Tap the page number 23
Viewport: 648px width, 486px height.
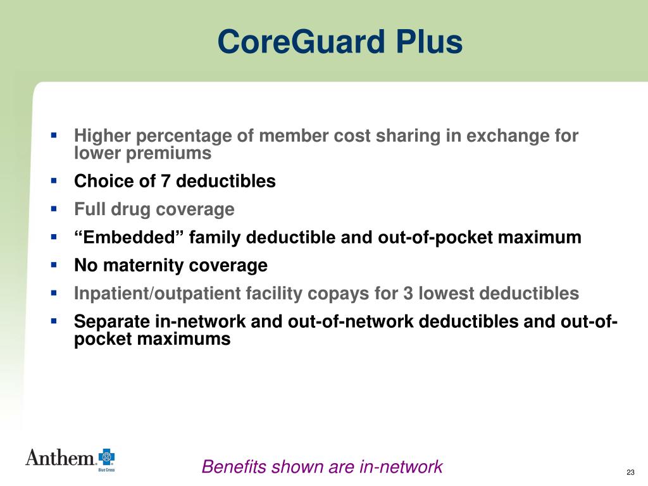pos(630,473)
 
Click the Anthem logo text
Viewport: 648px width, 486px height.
pos(60,458)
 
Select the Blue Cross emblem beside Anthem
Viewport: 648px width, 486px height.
pos(106,457)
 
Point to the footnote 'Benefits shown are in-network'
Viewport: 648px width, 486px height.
pos(322,467)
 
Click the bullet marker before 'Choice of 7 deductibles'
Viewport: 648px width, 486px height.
pos(54,181)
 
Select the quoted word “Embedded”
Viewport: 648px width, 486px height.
pos(129,238)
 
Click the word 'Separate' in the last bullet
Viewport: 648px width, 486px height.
pos(112,321)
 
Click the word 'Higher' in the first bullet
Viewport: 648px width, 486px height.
pos(103,136)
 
